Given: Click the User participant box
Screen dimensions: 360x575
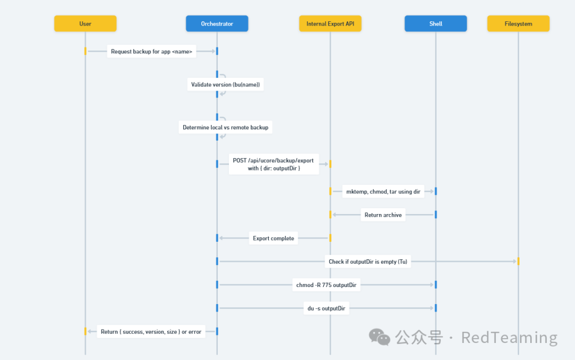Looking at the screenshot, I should coord(85,23).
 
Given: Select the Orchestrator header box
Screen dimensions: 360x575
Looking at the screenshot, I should coord(217,23).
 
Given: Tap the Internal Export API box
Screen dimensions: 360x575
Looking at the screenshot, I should coord(330,23).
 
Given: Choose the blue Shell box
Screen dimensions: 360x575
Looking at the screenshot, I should coord(436,23).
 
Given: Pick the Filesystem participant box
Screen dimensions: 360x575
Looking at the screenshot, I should coord(518,23).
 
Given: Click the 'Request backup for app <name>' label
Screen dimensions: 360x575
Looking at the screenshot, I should coord(152,52).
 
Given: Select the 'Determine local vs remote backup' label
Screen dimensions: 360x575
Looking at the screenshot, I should coord(225,127).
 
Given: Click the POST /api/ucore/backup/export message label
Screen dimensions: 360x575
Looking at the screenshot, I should coord(273,164).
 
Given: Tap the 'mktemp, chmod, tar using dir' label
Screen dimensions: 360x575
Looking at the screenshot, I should coord(383,191).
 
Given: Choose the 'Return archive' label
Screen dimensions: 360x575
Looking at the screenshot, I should coord(383,215).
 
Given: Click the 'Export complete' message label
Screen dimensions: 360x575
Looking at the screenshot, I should coord(273,238).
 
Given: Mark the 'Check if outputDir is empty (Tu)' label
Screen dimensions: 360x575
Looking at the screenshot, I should coord(368,261).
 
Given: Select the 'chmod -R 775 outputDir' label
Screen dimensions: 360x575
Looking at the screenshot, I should coord(326,285).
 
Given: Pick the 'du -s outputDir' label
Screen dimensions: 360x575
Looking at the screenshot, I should coord(326,308).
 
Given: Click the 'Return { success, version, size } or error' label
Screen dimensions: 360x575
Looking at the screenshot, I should coord(151,332).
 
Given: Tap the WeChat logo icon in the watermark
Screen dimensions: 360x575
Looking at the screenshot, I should coord(380,337).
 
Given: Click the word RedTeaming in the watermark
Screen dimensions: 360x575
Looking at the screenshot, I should coord(509,338).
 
